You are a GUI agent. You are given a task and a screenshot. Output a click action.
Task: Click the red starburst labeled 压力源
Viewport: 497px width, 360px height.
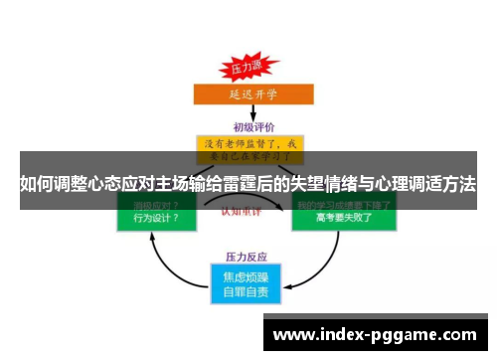(x=244, y=67)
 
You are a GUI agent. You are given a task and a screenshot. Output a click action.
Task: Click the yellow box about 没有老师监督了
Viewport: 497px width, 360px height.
(x=249, y=148)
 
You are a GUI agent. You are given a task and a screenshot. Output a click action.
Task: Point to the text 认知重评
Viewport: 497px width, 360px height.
(x=248, y=211)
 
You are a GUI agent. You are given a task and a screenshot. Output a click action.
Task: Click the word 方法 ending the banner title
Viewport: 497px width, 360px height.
(x=459, y=184)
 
